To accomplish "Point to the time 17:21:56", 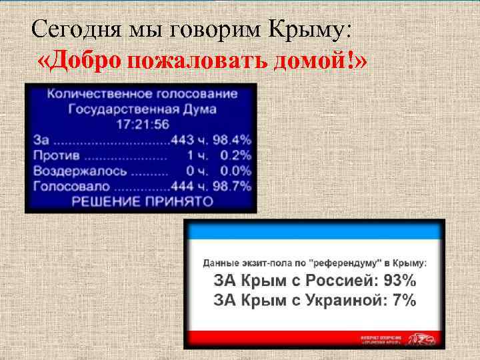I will tap(143, 125).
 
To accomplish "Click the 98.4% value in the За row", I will tap(231, 140).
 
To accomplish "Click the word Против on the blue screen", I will tap(57, 155).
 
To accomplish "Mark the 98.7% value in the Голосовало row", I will tap(231, 186).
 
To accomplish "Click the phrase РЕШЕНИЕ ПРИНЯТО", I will tap(142, 201).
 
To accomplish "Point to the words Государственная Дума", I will tap(143, 109).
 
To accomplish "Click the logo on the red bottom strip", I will tap(424, 340).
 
